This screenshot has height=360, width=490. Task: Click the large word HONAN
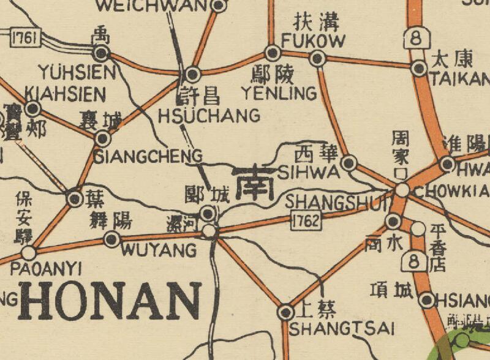(x=110, y=301)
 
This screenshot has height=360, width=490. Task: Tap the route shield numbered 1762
(x=306, y=221)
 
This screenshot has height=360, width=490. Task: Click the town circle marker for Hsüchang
(x=193, y=75)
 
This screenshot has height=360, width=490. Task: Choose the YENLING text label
(x=279, y=94)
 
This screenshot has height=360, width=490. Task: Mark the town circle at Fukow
(x=317, y=59)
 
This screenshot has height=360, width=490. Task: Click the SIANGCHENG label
(x=148, y=157)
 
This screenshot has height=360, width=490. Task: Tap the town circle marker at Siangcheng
(x=102, y=139)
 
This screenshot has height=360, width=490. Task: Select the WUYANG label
(x=159, y=250)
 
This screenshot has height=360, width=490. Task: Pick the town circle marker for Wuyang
(x=112, y=239)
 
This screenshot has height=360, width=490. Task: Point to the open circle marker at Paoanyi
(x=28, y=252)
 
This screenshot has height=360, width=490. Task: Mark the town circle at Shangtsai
(x=285, y=312)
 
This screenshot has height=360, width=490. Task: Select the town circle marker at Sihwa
(x=349, y=163)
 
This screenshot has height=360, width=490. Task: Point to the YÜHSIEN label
(x=77, y=73)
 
